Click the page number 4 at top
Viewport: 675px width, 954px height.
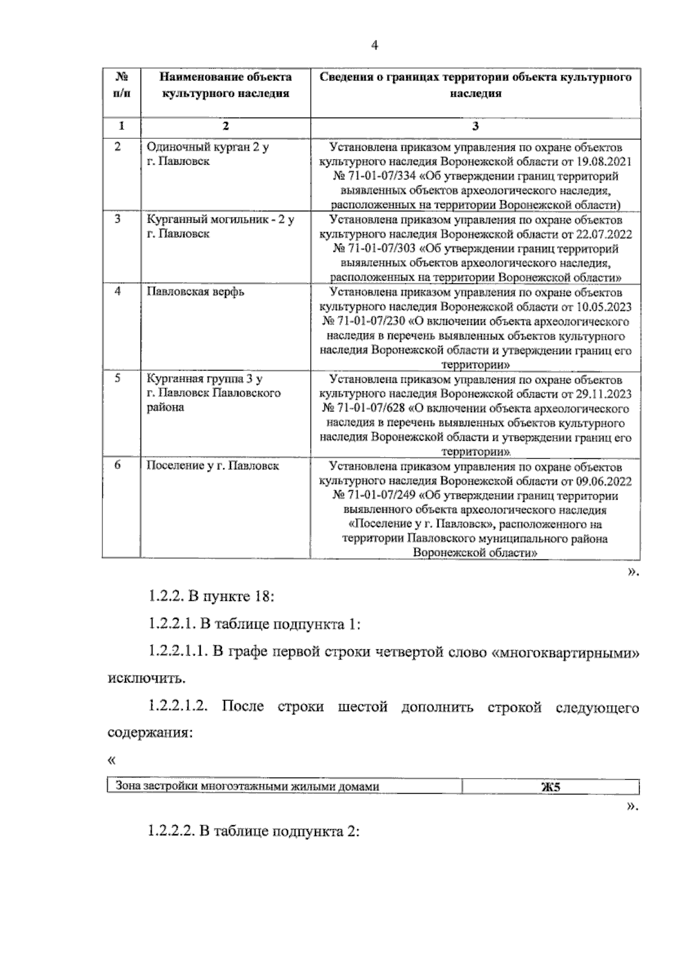(375, 46)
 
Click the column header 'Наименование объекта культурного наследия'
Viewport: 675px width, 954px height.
(225, 85)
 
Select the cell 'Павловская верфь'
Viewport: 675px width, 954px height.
(195, 292)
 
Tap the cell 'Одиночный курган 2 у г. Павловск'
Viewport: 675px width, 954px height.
(207, 154)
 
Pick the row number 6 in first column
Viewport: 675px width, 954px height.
(118, 465)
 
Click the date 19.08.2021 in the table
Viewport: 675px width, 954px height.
(604, 162)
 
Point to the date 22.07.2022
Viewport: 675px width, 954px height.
(604, 234)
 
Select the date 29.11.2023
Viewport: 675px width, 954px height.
(604, 394)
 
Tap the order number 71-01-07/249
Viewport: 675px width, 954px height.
(373, 496)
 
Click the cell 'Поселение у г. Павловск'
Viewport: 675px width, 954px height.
(213, 466)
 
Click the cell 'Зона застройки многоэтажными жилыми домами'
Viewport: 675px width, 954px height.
(247, 786)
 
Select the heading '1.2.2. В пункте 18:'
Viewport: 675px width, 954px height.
(211, 596)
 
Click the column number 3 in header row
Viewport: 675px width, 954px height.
(475, 126)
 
